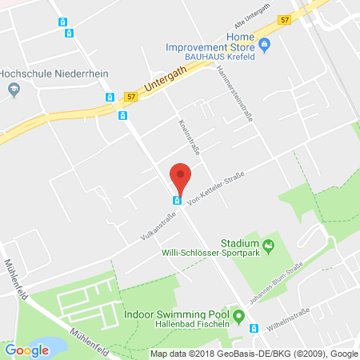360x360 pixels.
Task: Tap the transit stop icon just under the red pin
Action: (x=176, y=200)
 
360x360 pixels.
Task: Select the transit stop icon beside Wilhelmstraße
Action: (x=254, y=327)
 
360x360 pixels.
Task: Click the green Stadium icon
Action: (x=270, y=242)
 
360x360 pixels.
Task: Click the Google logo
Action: (x=27, y=350)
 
